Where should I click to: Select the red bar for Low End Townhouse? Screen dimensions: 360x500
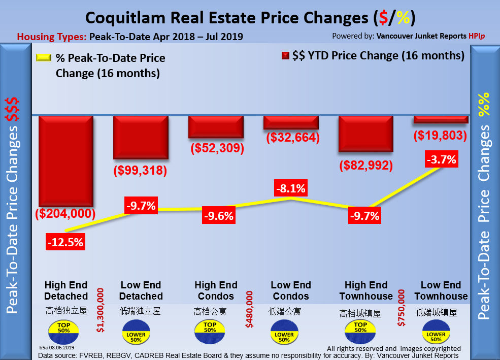(x=441, y=119)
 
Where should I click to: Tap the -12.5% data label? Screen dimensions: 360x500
(x=65, y=242)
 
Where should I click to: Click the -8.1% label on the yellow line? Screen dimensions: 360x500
(x=290, y=189)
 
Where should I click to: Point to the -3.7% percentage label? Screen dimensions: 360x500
(x=441, y=159)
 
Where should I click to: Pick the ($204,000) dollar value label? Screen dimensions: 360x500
(x=65, y=214)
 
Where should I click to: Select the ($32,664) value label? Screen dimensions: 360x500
(x=291, y=137)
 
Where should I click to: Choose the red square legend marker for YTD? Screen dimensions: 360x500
(x=285, y=56)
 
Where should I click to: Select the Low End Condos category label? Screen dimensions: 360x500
(x=290, y=290)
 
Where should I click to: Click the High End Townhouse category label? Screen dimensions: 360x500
(x=366, y=290)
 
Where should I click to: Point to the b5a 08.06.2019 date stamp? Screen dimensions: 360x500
(x=57, y=347)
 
